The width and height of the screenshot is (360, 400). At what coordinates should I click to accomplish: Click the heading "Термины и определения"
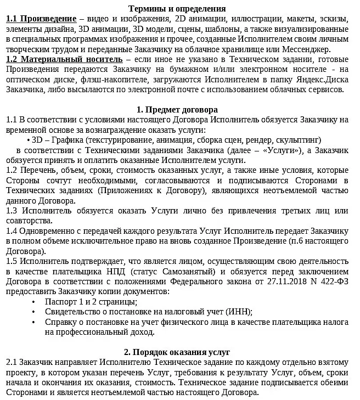(177, 9)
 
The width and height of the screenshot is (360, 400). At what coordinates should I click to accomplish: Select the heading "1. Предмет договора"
(177, 110)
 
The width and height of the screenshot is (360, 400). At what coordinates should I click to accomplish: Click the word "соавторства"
(28, 221)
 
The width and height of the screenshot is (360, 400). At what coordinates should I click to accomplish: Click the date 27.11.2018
(273, 281)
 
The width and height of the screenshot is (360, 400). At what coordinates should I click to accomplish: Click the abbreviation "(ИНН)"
(240, 312)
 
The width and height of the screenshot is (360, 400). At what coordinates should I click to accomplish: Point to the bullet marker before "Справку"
(33, 322)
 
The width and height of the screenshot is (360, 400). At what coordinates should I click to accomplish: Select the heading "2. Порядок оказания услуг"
(177, 352)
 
